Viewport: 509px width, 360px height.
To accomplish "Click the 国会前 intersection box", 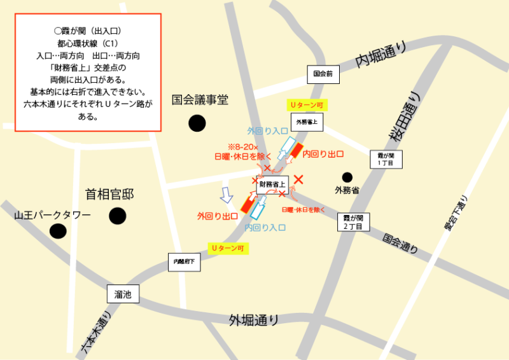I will tap(323, 74).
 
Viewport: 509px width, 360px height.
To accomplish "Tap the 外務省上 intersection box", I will tap(306, 121).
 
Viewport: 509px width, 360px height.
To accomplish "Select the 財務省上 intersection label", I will tap(273, 184).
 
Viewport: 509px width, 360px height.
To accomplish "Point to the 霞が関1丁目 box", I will tap(386, 159).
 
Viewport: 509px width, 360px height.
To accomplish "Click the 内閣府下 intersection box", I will tap(185, 261).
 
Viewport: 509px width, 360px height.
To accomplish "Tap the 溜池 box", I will tap(123, 294).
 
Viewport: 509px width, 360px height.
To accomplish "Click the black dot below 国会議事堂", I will tap(197, 123).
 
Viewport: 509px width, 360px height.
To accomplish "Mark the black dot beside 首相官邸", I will tap(118, 216).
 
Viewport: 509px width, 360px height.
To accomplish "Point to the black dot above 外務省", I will tap(347, 177).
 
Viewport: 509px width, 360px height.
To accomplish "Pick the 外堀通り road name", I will tap(254, 319).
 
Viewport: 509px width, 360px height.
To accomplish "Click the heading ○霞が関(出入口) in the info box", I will tap(88, 31).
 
